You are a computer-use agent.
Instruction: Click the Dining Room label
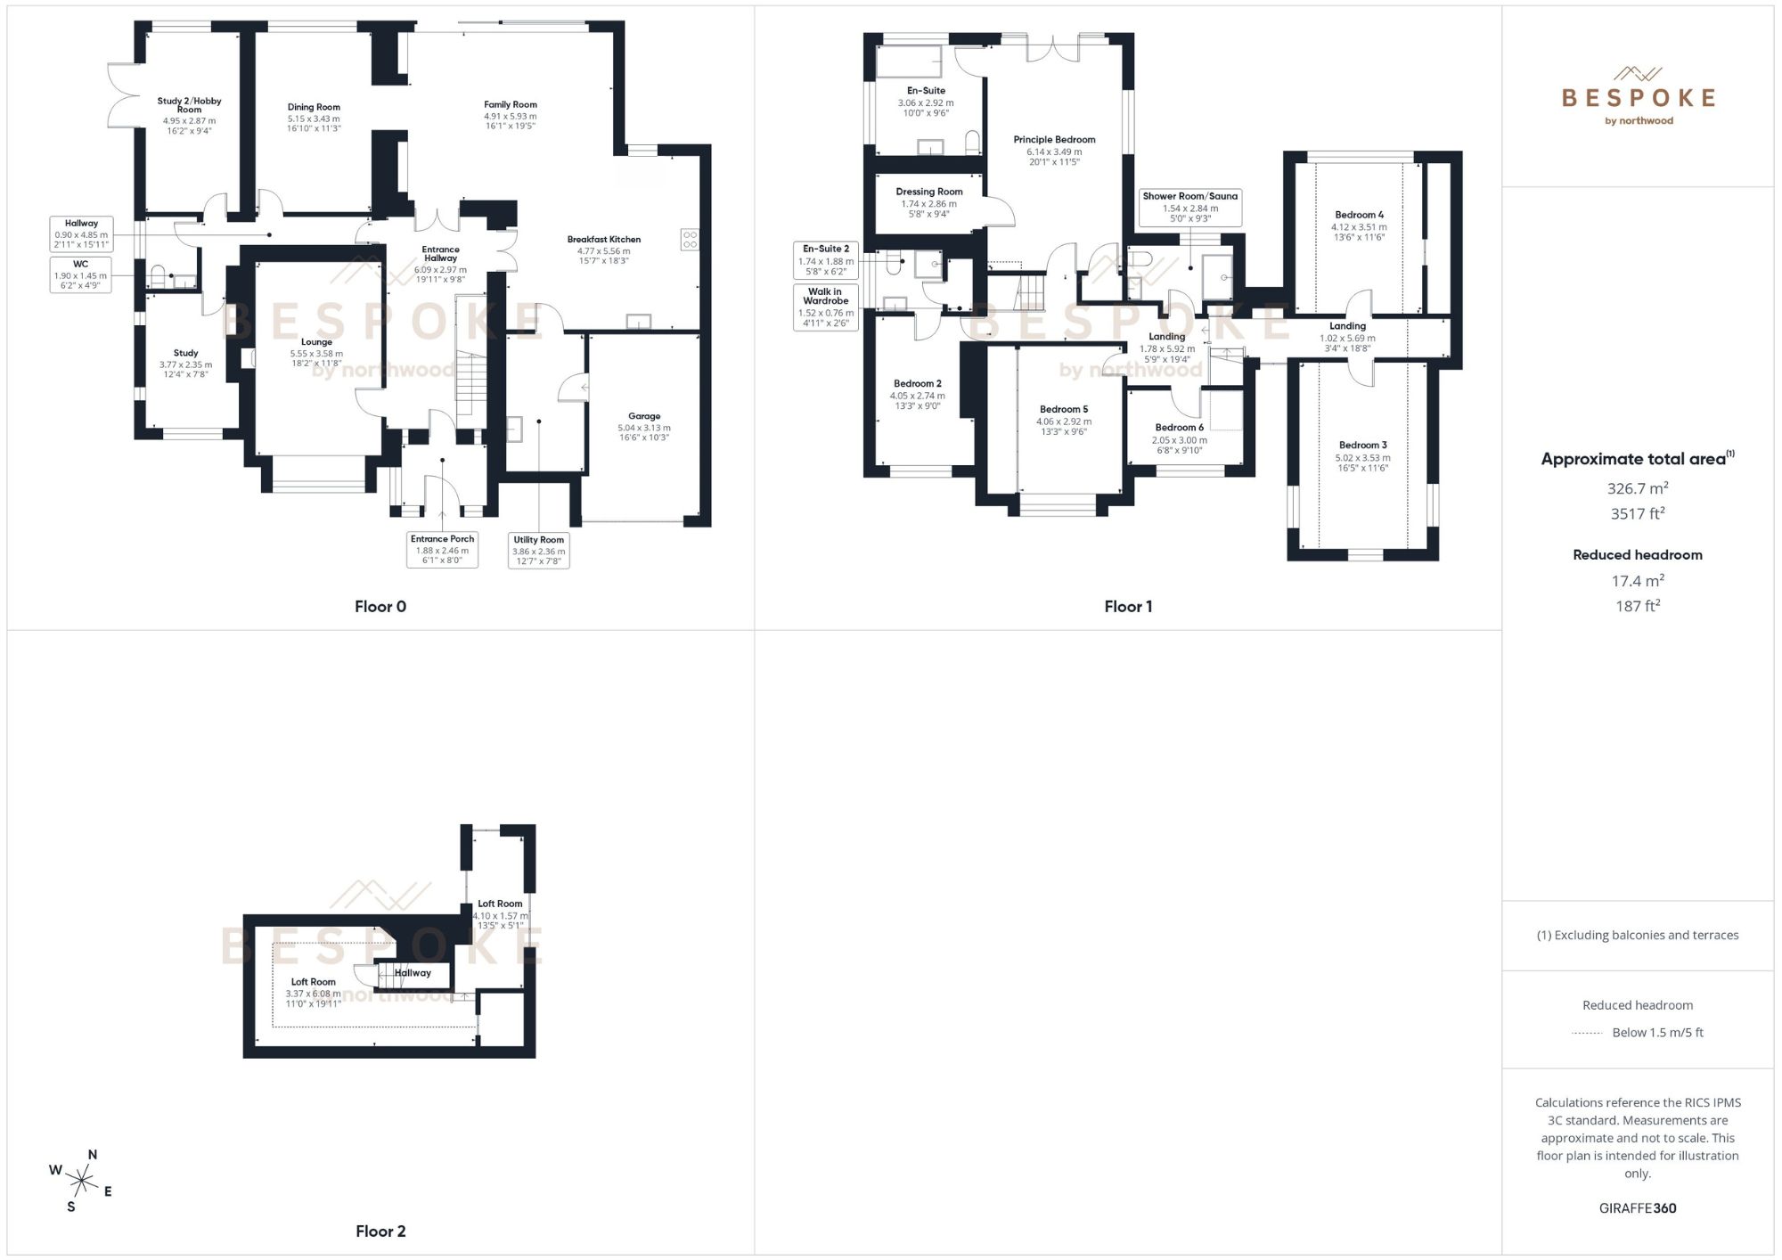(x=314, y=108)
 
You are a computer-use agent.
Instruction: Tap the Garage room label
(x=644, y=416)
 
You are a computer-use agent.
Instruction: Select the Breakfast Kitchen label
(x=604, y=240)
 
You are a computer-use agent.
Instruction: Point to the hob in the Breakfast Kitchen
(x=690, y=239)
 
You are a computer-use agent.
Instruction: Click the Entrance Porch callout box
(x=442, y=550)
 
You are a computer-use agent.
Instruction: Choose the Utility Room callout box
(x=538, y=551)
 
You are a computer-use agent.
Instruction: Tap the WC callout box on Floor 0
(x=80, y=274)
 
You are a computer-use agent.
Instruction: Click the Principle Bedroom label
(x=1054, y=140)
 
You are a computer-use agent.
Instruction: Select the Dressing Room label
(x=929, y=192)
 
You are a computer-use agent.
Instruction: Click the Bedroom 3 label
(x=1362, y=446)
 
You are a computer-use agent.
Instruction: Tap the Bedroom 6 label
(x=1179, y=428)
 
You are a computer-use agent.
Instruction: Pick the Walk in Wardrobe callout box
(x=825, y=307)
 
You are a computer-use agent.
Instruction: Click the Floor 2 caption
(x=380, y=1231)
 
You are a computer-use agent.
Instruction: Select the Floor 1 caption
(x=1128, y=607)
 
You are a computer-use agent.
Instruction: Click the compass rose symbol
(x=81, y=1182)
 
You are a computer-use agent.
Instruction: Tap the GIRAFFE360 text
(x=1637, y=1208)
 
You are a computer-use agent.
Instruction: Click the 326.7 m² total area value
(x=1637, y=488)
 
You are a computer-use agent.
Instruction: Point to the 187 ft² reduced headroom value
(x=1637, y=606)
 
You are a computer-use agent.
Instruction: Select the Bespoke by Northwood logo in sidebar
(x=1638, y=96)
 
